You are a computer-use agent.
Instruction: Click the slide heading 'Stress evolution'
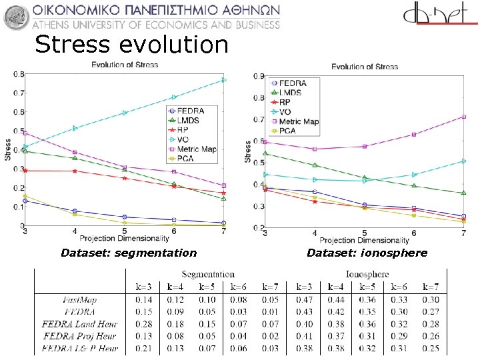pyautogui.click(x=131, y=45)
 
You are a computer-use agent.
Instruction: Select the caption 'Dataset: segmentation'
pyautogui.click(x=129, y=253)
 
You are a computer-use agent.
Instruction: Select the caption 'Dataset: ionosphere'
pyautogui.click(x=367, y=253)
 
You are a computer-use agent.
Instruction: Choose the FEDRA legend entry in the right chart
pyautogui.click(x=292, y=83)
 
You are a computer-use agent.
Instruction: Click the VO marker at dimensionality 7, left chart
pyautogui.click(x=223, y=80)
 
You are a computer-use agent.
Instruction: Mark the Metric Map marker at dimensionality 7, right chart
pyautogui.click(x=463, y=117)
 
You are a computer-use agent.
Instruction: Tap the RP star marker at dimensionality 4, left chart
pyautogui.click(x=75, y=171)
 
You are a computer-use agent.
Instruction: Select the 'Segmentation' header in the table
pyautogui.click(x=208, y=274)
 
